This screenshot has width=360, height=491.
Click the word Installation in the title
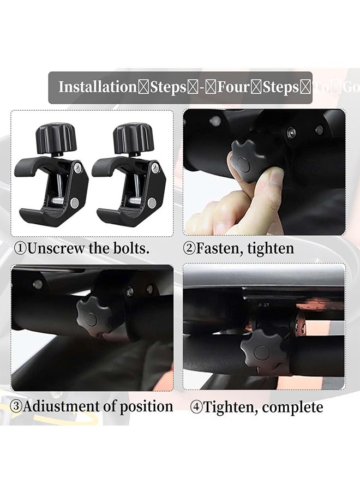(x=97, y=87)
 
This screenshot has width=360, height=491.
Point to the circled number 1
(x=20, y=249)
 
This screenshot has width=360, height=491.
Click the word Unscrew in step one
(x=55, y=249)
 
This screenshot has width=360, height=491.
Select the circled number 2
(x=189, y=249)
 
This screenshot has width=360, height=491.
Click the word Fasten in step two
(x=219, y=249)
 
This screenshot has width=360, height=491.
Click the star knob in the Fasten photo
(x=245, y=158)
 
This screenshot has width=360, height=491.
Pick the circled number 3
(x=17, y=407)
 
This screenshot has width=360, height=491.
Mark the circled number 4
(x=196, y=408)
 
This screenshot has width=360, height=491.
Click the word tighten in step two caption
(x=271, y=249)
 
